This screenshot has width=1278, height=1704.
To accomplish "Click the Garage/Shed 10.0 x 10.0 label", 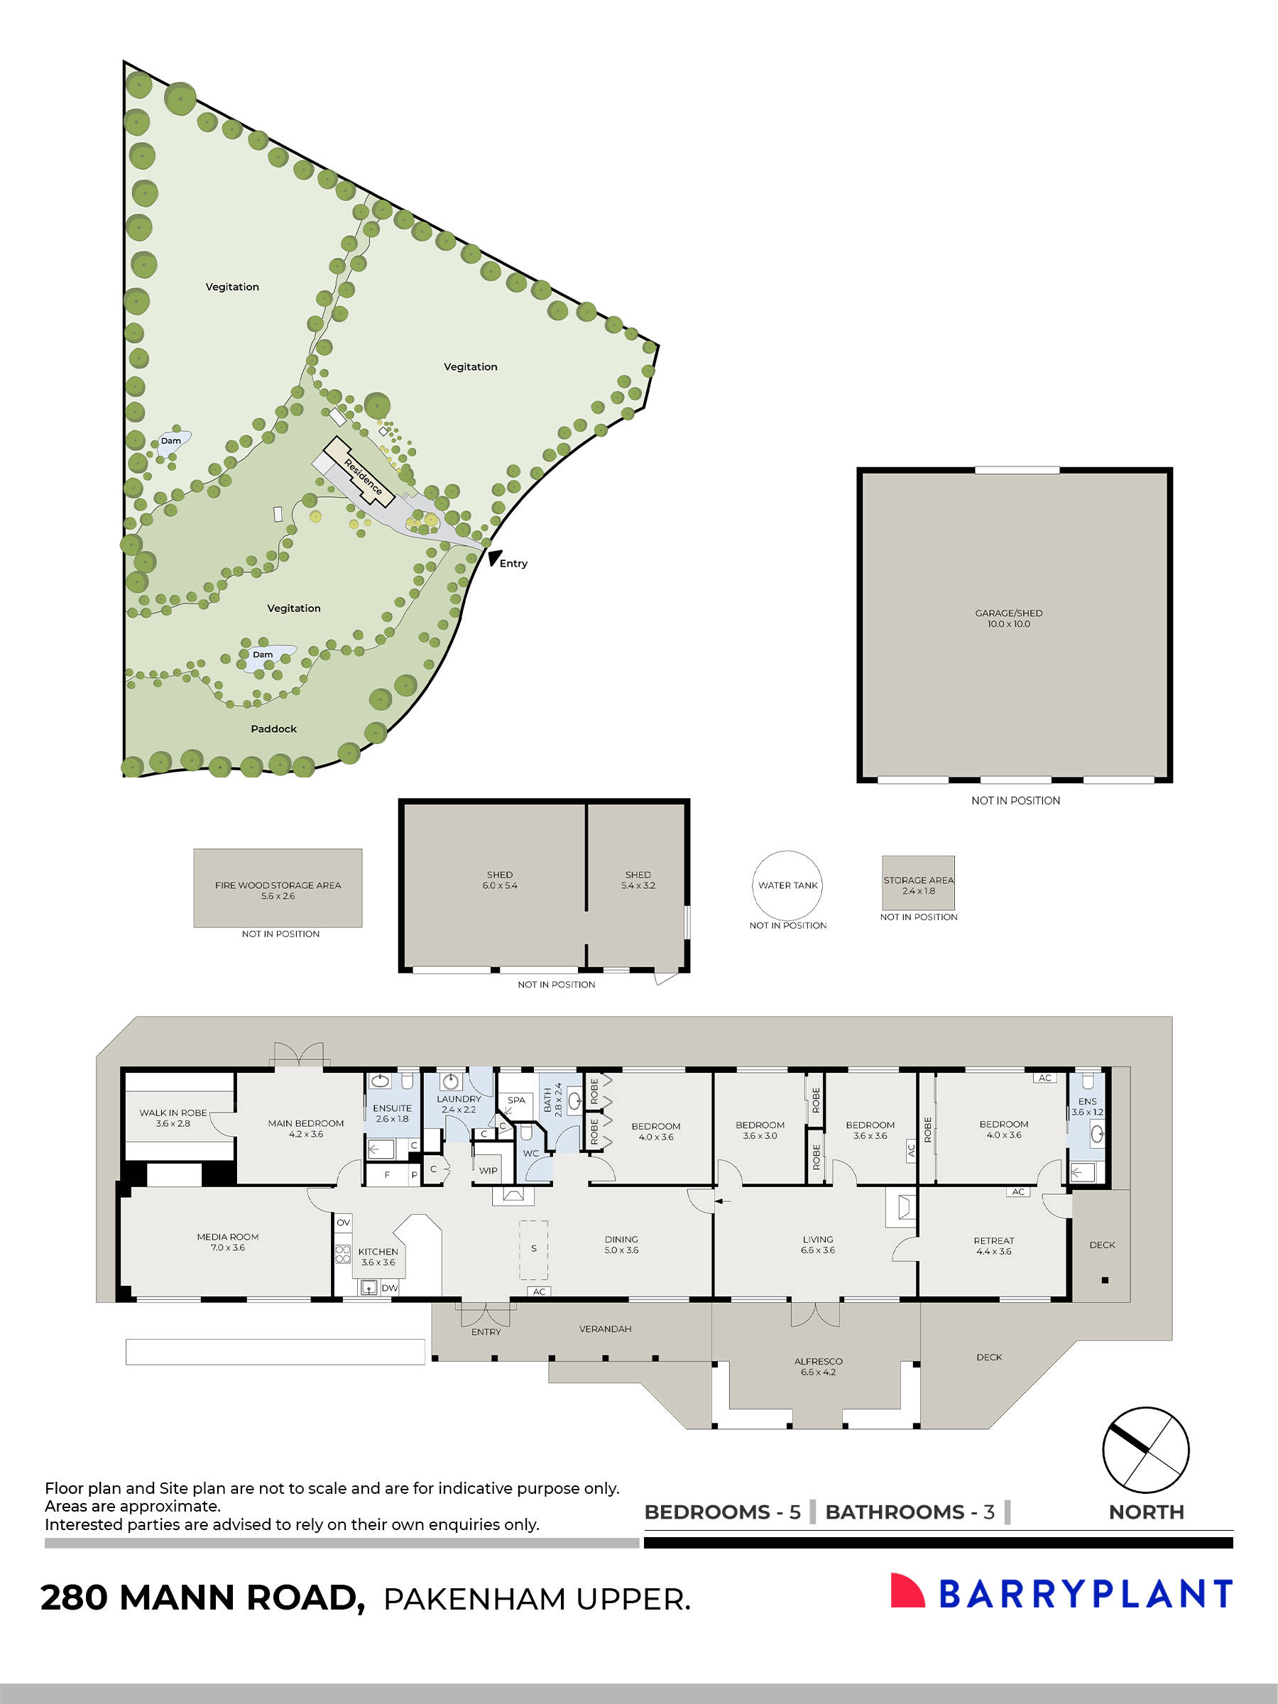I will coord(1008,618).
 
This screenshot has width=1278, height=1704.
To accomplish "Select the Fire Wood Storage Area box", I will coord(278,888).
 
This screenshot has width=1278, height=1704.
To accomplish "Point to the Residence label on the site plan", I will coord(363,476).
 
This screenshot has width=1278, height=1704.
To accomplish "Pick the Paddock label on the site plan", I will coord(273,728).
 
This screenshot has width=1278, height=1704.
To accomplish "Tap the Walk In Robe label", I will coord(173,1117).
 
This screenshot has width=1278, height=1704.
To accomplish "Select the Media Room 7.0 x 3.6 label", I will coord(227,1241).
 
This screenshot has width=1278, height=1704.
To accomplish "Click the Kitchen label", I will coord(378,1256).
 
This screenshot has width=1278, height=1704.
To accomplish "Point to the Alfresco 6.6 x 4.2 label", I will coord(817,1366).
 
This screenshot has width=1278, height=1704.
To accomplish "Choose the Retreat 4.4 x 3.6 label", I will coord(993,1245).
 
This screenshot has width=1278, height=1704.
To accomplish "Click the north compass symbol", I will coord(1145,1450).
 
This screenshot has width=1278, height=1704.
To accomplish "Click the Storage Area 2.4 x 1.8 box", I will coord(917,883).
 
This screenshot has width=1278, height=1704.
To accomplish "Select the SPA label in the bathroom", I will coord(516,1099).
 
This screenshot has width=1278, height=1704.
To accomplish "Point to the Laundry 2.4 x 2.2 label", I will coord(459,1103).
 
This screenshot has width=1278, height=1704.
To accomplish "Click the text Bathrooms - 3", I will coord(909,1512).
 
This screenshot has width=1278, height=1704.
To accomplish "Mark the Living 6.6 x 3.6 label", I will coord(817,1244).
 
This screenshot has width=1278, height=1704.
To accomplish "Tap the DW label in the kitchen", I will coord(389,1287).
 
